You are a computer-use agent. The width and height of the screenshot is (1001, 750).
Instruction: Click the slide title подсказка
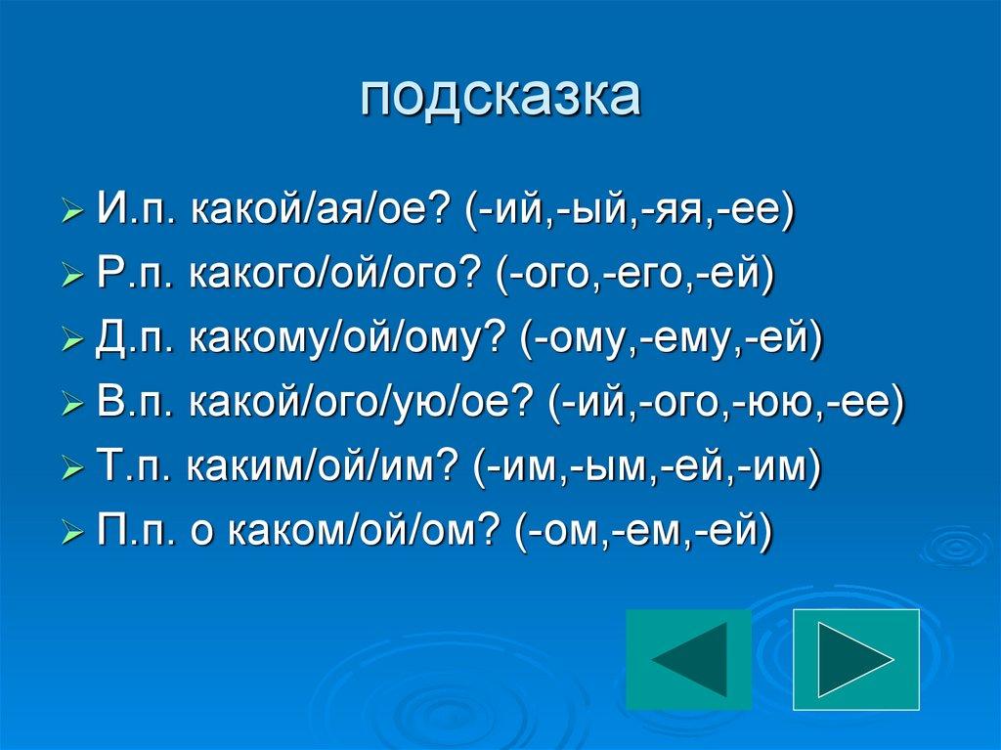click(x=500, y=98)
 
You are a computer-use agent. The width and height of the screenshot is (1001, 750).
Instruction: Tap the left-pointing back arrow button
click(x=688, y=659)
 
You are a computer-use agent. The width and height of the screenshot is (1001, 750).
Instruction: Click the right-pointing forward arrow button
click(x=856, y=659)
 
